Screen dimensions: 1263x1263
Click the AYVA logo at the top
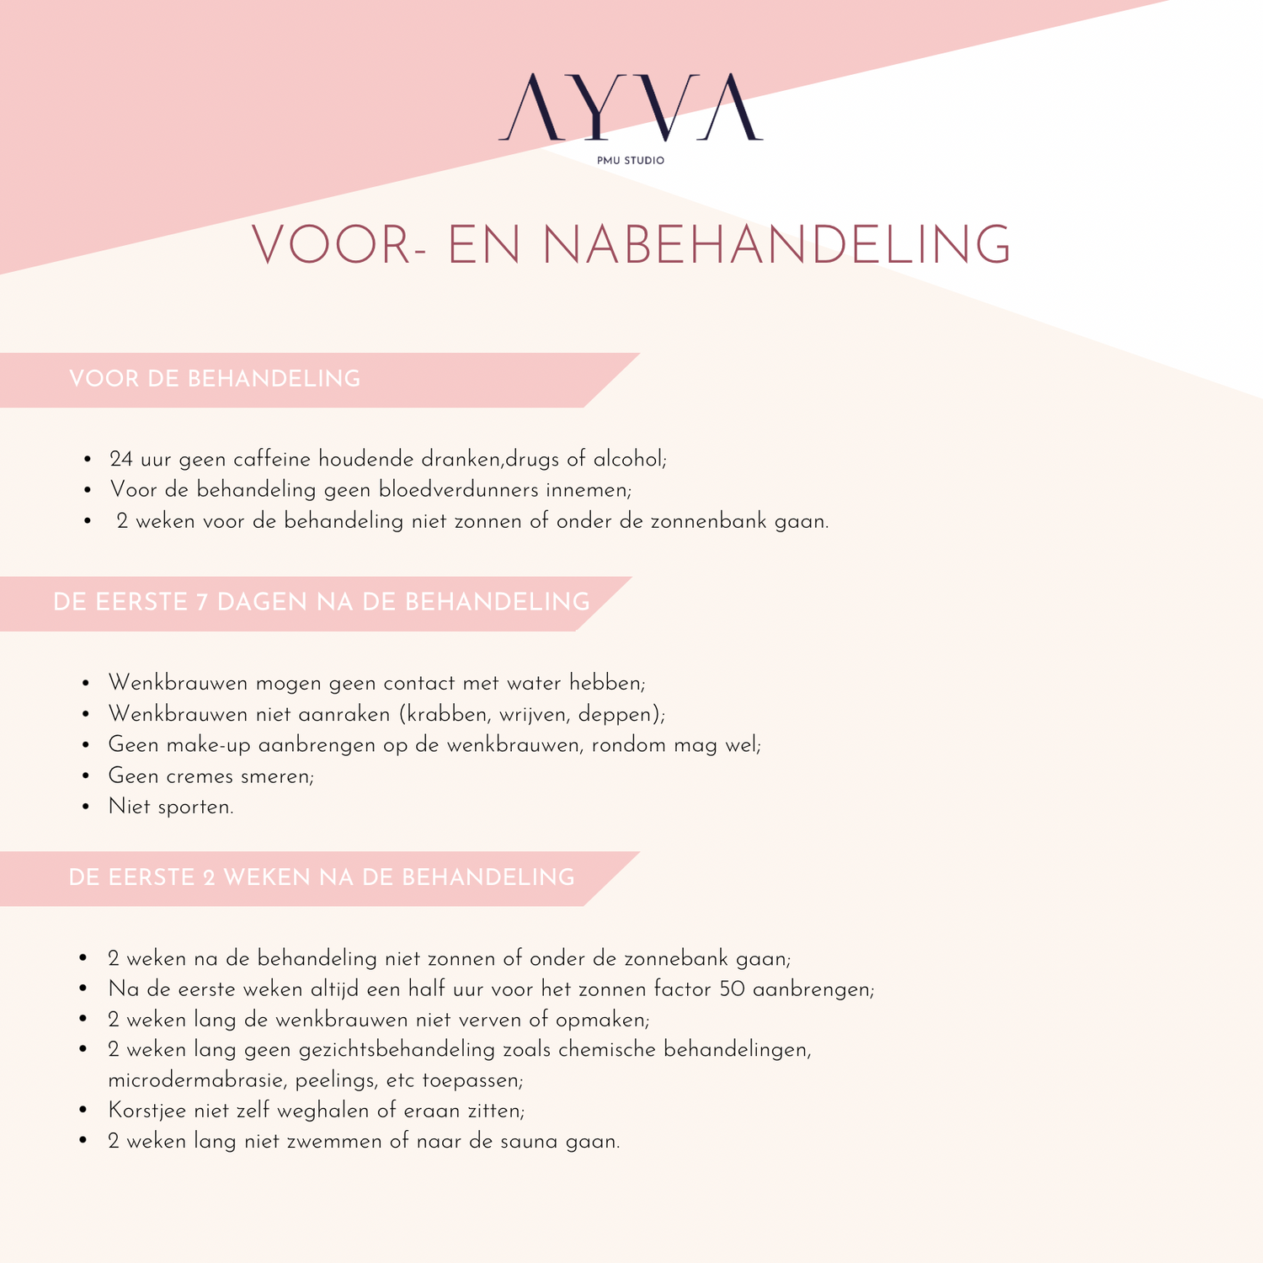[x=631, y=107]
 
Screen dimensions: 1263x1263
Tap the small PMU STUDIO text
[x=631, y=160]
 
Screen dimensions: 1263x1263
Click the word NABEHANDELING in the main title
[x=775, y=246]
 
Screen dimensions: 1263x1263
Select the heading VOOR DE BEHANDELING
[x=215, y=379]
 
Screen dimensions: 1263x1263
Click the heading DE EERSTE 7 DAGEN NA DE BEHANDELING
[x=321, y=602]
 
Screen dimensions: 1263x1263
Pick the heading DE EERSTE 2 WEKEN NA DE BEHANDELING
[x=321, y=877]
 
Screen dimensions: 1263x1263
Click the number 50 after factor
[x=732, y=989]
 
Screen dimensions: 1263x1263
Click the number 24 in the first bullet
[x=121, y=459]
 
